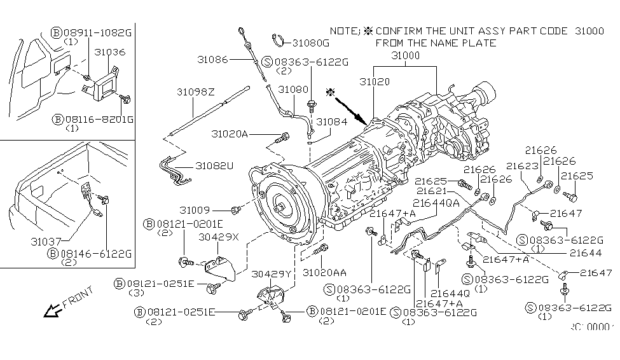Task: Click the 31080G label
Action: [311, 43]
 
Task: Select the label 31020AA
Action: [324, 272]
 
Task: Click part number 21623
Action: [518, 166]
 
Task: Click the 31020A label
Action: [230, 134]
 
